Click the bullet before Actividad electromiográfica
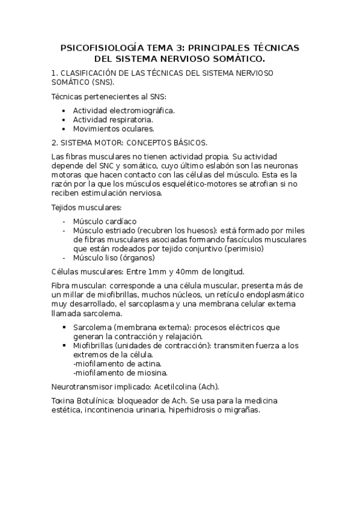tap(64, 111)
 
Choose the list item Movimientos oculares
tap(114, 128)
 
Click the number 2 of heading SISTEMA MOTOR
tap(55, 143)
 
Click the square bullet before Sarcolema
tap(64, 327)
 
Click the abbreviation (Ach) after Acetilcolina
tap(207, 386)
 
